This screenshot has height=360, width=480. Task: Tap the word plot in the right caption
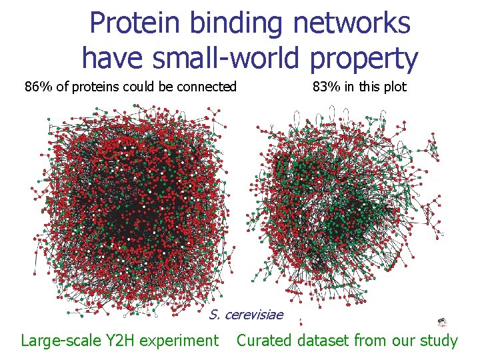394,87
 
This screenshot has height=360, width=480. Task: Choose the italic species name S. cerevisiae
246,315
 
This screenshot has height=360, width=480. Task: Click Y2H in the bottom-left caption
123,341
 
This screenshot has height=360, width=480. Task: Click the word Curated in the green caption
264,341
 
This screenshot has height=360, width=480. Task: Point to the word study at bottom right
439,341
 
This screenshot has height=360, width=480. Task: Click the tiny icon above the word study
441,322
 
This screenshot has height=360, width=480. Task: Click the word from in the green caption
371,341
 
